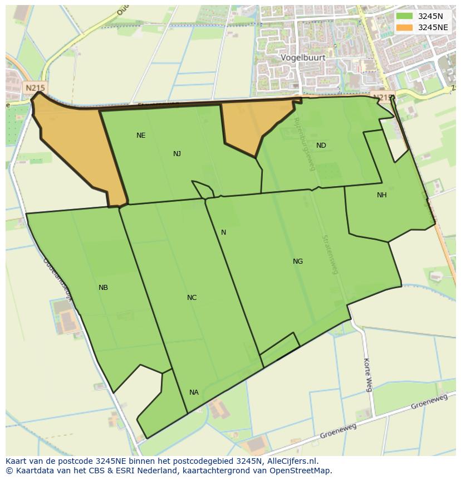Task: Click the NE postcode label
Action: click(x=141, y=135)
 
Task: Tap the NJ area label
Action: click(x=177, y=154)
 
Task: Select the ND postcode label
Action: click(x=321, y=146)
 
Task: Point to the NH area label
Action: click(x=381, y=195)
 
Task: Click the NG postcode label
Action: click(x=298, y=261)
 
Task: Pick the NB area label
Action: click(x=103, y=288)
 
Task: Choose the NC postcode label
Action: click(x=192, y=298)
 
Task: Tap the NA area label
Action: click(x=194, y=392)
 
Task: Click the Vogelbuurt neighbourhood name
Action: click(x=303, y=57)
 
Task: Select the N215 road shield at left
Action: click(x=35, y=88)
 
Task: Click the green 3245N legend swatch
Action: click(x=405, y=16)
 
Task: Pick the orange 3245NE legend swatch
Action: click(x=405, y=27)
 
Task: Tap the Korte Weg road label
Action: click(x=367, y=375)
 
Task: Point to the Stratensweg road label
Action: click(x=330, y=254)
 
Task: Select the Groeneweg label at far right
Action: click(x=429, y=402)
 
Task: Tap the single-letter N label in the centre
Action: click(x=224, y=232)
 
